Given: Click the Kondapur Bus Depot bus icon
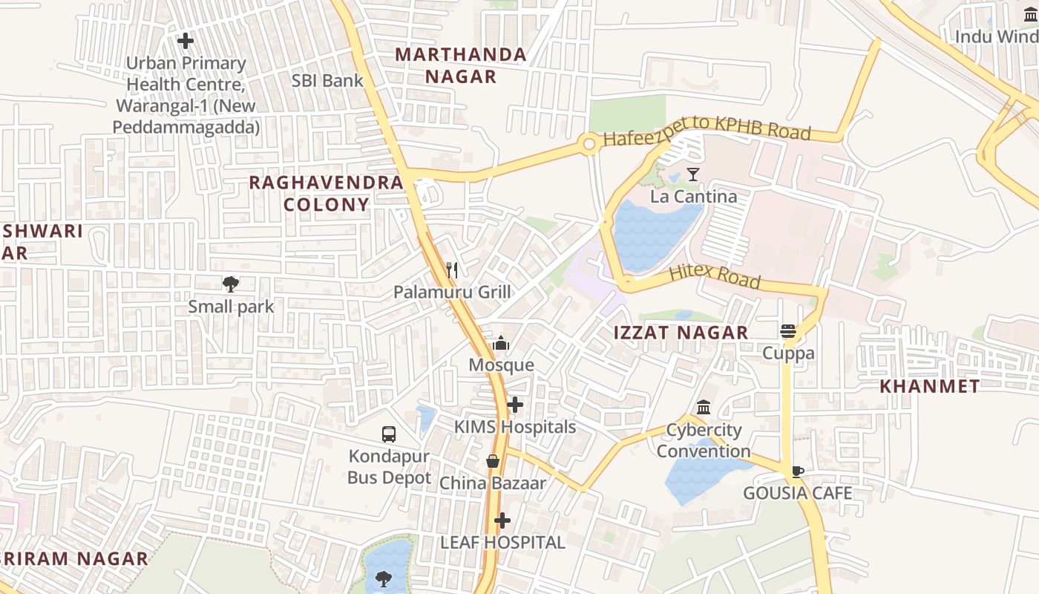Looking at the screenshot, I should click(388, 434).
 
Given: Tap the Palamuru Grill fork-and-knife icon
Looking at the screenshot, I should click(452, 270).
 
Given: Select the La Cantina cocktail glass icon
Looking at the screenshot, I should click(693, 174).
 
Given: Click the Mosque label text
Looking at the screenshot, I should click(501, 365).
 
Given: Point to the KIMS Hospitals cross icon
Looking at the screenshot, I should click(515, 405).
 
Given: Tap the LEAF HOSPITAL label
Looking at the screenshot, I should click(502, 543).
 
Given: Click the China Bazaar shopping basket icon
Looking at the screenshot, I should click(492, 461).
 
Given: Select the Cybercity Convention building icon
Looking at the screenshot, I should click(703, 408).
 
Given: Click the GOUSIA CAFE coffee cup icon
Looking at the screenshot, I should click(797, 471).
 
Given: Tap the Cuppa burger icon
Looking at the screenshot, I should click(788, 331).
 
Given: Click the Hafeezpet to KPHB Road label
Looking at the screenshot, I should click(707, 130).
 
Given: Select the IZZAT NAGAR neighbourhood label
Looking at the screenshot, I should click(681, 333).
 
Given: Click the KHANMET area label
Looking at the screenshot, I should click(929, 386).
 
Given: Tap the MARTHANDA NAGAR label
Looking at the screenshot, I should click(460, 65).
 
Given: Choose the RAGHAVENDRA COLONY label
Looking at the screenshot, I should click(327, 193).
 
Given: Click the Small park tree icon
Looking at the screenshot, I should click(231, 284).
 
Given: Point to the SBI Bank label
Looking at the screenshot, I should click(327, 81).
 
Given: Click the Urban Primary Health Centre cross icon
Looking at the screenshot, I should click(186, 41).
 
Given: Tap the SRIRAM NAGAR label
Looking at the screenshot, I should click(74, 558).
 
